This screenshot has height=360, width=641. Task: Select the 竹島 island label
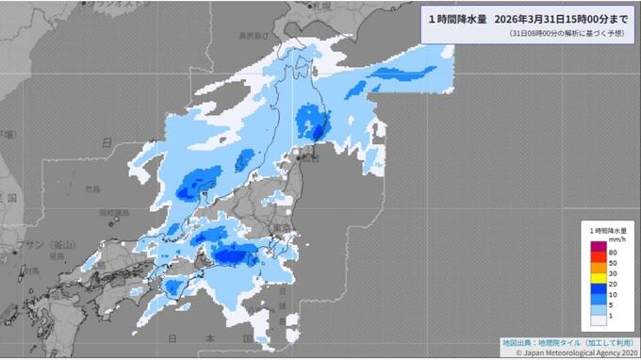point(91,188)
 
